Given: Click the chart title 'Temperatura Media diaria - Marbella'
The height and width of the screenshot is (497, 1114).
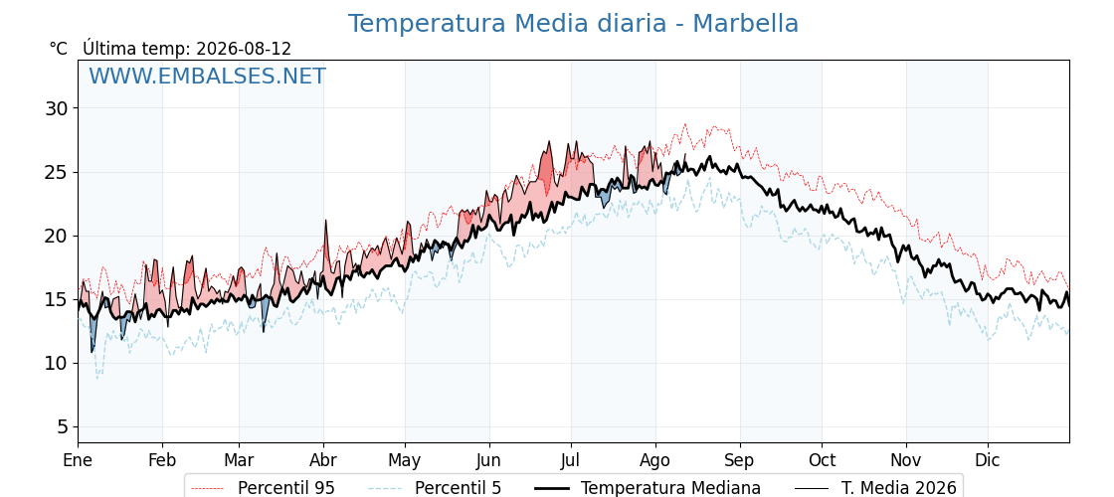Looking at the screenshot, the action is pos(573,24).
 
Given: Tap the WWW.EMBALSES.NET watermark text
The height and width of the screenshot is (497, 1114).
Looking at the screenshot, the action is pos(207,76).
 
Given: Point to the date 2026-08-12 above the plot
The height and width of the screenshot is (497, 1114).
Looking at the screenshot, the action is pos(244,49).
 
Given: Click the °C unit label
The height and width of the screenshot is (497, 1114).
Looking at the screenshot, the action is pos(59,49).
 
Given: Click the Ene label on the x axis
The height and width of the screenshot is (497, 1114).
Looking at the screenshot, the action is pos(78,461).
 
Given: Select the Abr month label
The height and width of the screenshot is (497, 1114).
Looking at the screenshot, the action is pos(323,461).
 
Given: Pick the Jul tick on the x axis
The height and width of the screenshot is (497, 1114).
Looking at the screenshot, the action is pos(571,461).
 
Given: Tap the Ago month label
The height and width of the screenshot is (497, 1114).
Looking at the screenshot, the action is pos(654,461).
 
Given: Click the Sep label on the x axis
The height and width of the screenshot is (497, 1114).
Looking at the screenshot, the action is pos(740,461).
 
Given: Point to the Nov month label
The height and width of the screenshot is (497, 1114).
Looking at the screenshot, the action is pos(906,461).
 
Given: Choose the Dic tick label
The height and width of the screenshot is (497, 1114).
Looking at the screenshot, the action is pos(987,461).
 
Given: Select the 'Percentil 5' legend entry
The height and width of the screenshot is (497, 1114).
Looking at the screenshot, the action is pos(435,488).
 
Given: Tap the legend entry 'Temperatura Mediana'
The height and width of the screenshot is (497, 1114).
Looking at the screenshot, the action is pos(648,488).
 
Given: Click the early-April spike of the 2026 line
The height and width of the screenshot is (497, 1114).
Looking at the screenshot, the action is pos(325,221).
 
